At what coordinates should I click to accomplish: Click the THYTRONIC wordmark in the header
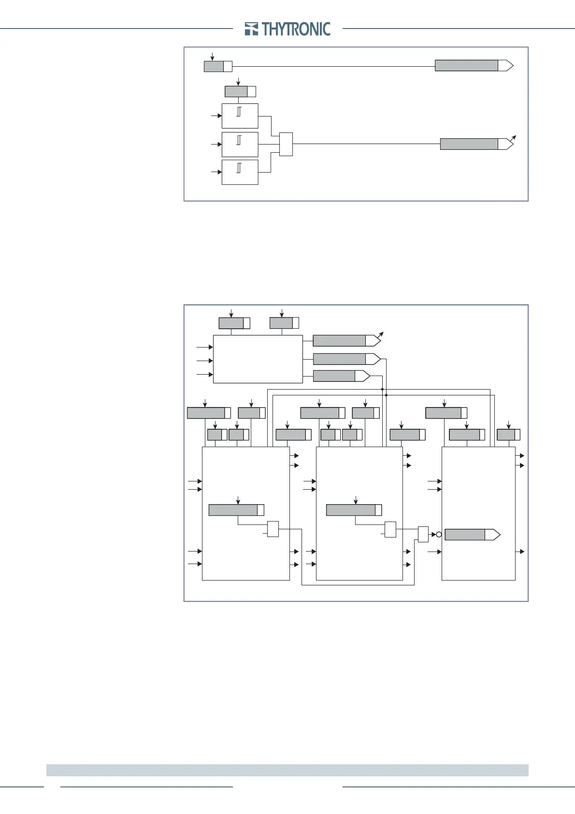point(296,29)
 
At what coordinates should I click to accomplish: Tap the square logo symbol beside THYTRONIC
point(251,29)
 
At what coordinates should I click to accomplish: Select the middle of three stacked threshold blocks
point(240,144)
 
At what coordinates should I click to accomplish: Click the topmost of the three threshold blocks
point(240,116)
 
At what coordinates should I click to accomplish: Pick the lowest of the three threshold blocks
point(240,172)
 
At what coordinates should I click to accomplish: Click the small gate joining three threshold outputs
point(286,144)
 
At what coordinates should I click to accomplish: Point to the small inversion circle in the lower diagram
point(439,534)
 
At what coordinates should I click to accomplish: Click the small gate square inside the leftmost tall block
point(273,529)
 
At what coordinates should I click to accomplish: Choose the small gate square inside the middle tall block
point(390,529)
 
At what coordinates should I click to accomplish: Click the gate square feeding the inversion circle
point(423,534)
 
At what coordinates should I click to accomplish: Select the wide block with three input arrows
point(258,359)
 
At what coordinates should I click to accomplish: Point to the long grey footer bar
point(287,770)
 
